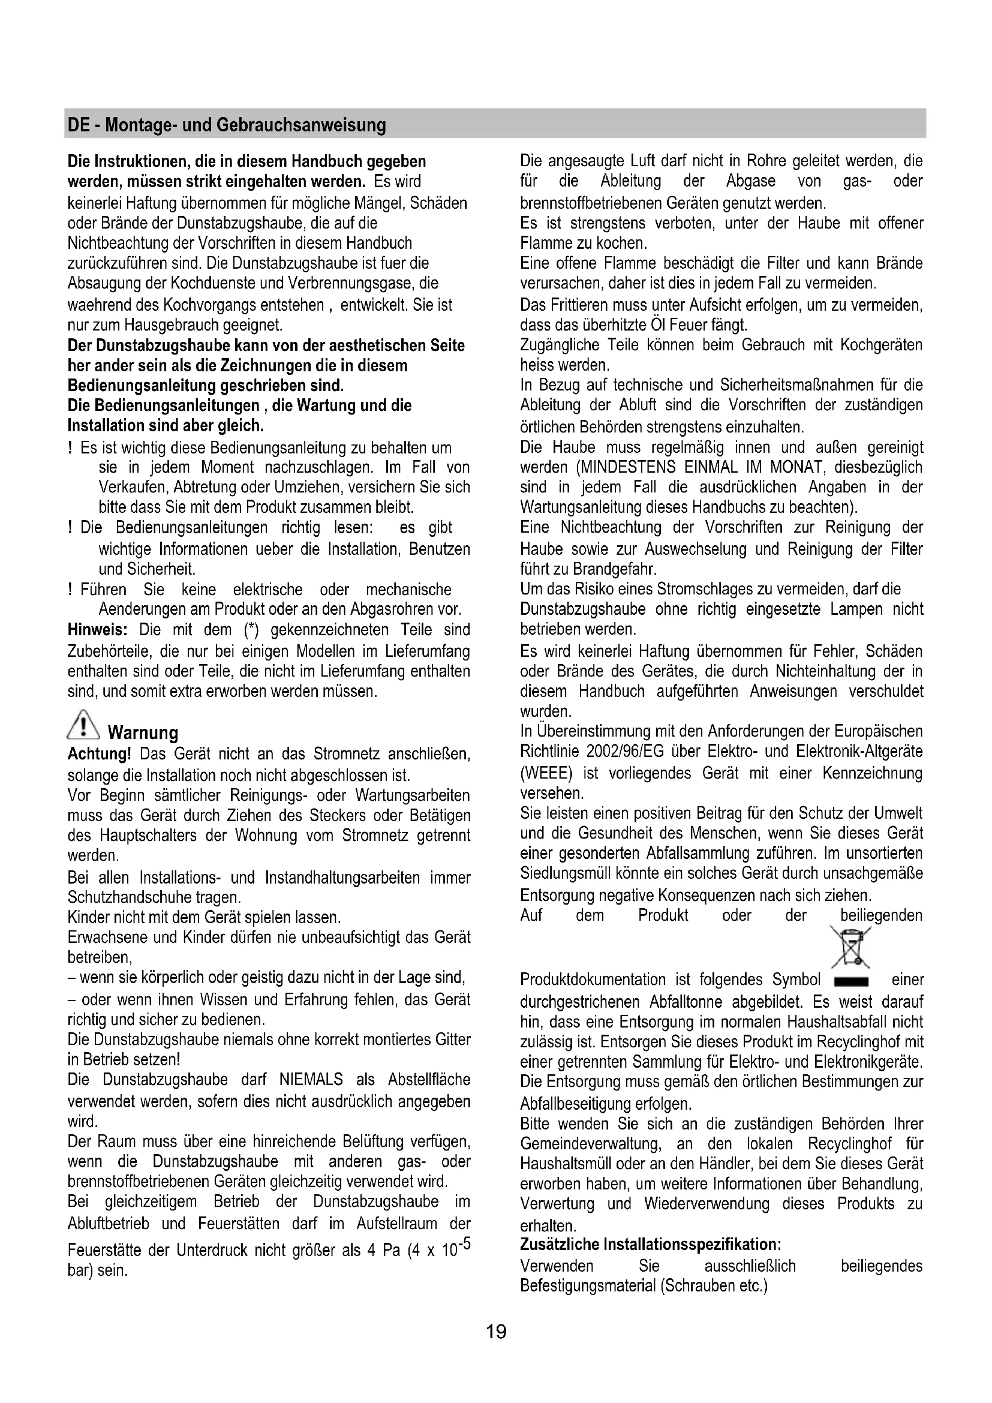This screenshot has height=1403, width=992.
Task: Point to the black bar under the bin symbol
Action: [x=850, y=982]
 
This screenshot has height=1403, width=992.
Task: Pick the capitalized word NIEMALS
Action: [x=311, y=1080]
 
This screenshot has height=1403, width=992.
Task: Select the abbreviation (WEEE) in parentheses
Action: [x=546, y=774]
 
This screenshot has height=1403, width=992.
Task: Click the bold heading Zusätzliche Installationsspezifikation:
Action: [x=651, y=1245]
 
